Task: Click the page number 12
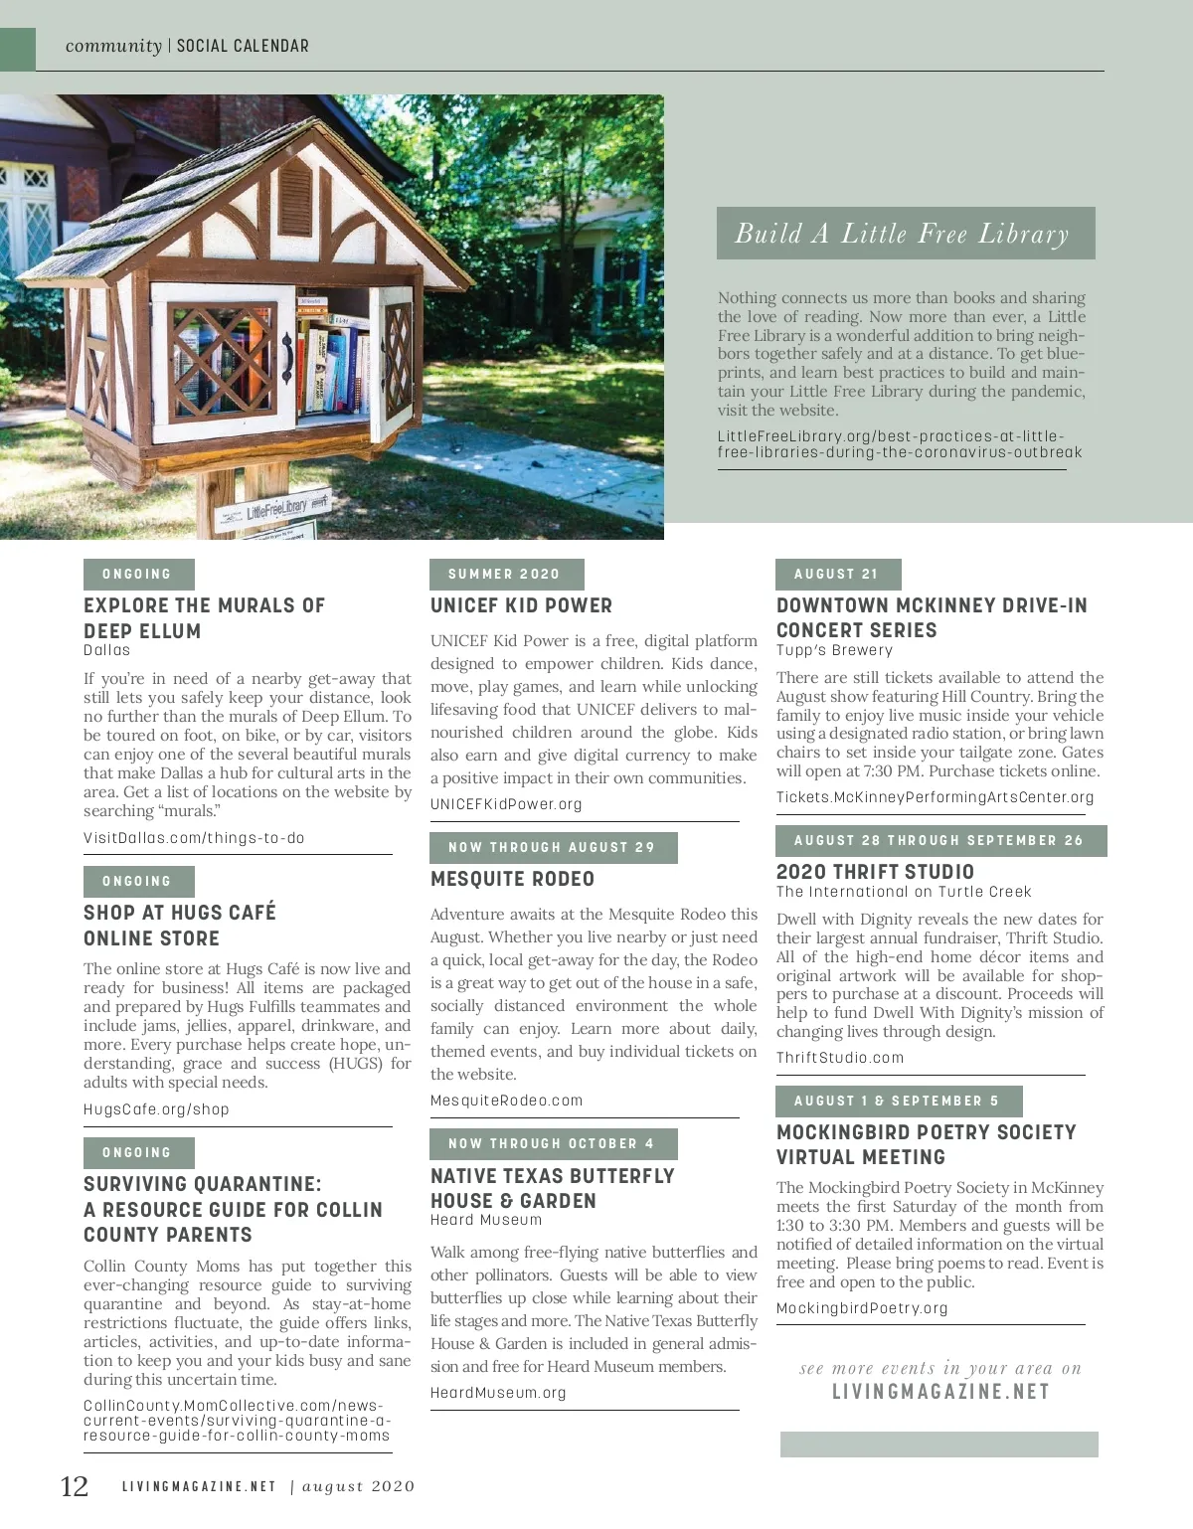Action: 75,1486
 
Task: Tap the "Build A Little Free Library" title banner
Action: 905,234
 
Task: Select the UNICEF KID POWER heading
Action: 521,605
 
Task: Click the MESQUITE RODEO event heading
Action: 512,879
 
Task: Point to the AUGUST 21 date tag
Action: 837,574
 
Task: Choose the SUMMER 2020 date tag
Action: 505,574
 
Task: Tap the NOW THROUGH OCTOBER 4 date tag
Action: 553,1143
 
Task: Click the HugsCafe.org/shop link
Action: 156,1109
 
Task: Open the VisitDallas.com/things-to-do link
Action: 194,838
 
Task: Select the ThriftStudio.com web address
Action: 840,1058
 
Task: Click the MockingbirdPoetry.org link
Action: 862,1308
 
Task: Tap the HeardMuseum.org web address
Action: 498,1393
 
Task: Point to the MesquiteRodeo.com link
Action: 506,1101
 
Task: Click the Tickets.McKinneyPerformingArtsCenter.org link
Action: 935,797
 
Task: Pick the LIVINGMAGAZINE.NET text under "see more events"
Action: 940,1392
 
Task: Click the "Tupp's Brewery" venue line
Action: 834,650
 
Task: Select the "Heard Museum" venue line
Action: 486,1220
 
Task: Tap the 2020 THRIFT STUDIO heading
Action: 875,872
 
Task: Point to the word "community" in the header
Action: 113,46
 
